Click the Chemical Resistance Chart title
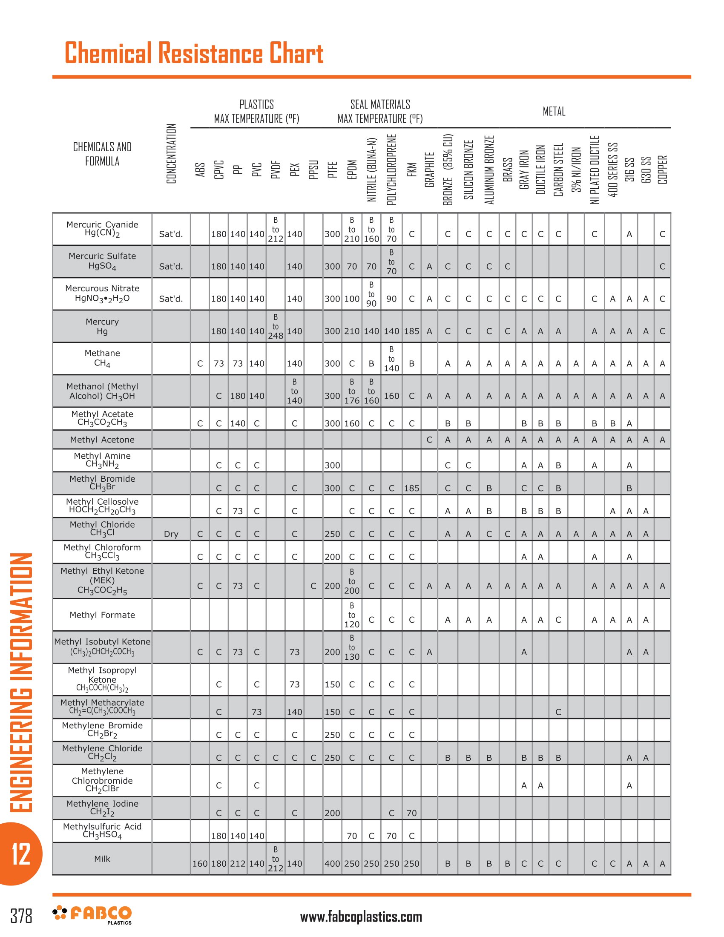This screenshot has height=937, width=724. coord(193,53)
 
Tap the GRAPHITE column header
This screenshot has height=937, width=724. coord(429,170)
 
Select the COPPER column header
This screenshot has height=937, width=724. coord(663,170)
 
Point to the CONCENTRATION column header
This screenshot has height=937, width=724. coord(171,154)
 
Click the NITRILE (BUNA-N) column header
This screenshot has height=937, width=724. coord(371,170)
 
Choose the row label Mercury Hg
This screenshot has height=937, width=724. coord(102,327)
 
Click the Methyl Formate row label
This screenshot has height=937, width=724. coord(102,615)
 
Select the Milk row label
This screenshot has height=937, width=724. coord(102,859)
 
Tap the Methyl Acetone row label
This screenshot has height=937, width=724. coord(102,440)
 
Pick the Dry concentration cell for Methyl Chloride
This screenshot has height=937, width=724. coord(171,534)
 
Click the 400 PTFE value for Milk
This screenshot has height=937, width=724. coord(332,864)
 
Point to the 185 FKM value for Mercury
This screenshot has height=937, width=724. coord(411,331)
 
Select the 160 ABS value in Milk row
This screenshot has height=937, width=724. coord(200,864)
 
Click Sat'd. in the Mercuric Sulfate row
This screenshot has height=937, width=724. coord(171,267)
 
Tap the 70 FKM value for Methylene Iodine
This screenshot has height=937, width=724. coord(411,813)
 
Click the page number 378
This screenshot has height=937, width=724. coord(21,917)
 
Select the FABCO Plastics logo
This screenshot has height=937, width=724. coord(92,915)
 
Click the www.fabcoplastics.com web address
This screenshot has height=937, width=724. coord(361,917)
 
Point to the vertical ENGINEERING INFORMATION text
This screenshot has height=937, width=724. coord(20,682)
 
